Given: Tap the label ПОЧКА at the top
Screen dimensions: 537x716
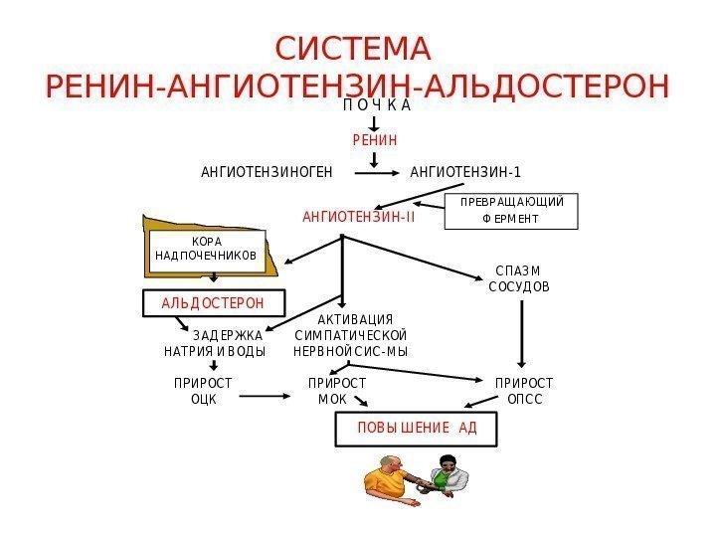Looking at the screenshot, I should click(376, 104).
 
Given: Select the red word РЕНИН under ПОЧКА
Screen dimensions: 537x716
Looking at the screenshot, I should click(375, 141).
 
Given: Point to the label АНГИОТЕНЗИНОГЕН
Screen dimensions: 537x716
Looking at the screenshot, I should click(267, 173).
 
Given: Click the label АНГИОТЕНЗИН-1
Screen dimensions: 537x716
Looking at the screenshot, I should click(465, 173).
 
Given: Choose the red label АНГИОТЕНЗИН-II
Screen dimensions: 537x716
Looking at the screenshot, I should click(359, 215).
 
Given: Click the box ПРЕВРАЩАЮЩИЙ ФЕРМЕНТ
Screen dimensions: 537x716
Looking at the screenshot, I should click(511, 211).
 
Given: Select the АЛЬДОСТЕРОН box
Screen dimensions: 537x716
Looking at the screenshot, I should click(213, 302).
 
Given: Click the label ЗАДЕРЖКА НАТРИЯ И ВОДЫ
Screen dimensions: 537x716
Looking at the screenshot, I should click(215, 344).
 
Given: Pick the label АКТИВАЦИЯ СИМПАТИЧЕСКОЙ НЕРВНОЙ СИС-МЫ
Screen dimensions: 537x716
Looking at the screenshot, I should click(351, 336).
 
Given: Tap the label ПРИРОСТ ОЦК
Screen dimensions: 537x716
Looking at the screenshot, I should click(203, 391).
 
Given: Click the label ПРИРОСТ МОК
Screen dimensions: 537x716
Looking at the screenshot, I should click(336, 391).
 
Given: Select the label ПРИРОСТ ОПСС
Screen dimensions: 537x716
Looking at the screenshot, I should click(524, 391).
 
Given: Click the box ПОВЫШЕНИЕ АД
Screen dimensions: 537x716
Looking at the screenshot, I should click(417, 430).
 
